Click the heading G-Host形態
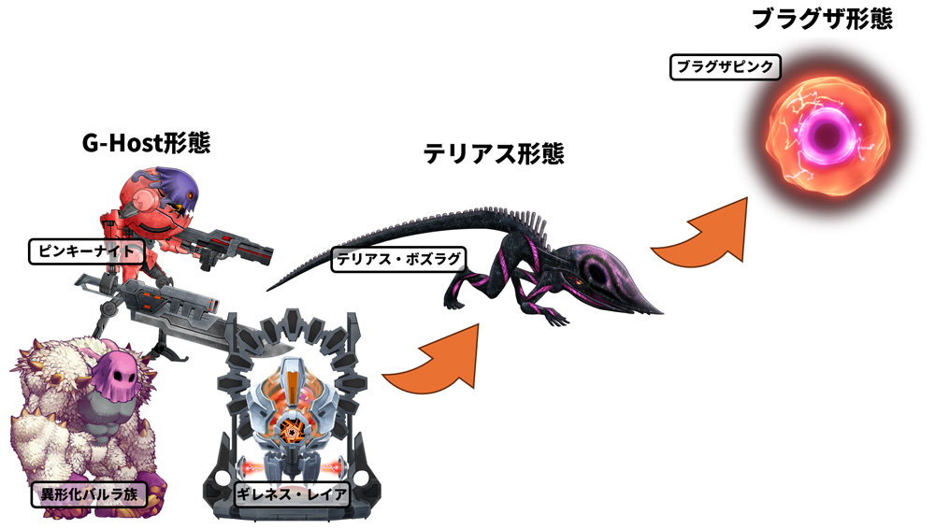145,143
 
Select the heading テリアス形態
494,153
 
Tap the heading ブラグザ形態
822,19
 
